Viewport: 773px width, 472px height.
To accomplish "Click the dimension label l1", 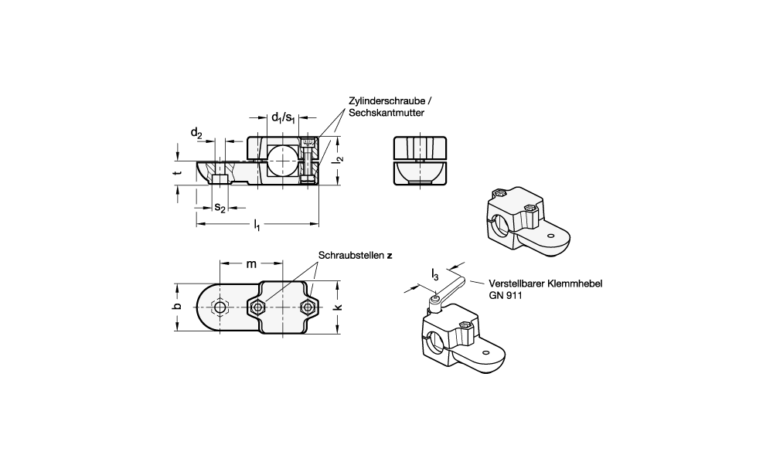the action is click(257, 226).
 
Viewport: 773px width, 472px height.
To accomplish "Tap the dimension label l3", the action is click(434, 275).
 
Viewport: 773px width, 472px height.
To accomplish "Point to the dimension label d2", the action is click(196, 133).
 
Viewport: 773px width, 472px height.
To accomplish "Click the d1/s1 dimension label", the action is click(284, 117).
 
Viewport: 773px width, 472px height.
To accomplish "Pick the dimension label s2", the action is click(220, 208).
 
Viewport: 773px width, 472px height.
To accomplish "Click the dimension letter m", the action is click(251, 264).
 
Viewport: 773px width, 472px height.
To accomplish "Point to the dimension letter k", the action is click(338, 307).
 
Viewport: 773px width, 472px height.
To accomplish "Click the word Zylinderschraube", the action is click(387, 101).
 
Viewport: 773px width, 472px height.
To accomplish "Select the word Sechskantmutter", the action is click(386, 113).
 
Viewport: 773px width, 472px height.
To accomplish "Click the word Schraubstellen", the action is click(351, 255).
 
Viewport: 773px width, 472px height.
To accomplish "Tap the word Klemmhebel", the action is click(577, 284).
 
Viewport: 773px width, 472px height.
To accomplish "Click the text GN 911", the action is click(506, 296).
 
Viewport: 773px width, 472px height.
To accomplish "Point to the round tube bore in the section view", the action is click(283, 161).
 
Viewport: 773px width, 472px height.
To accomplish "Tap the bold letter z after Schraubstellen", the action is click(390, 256).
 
